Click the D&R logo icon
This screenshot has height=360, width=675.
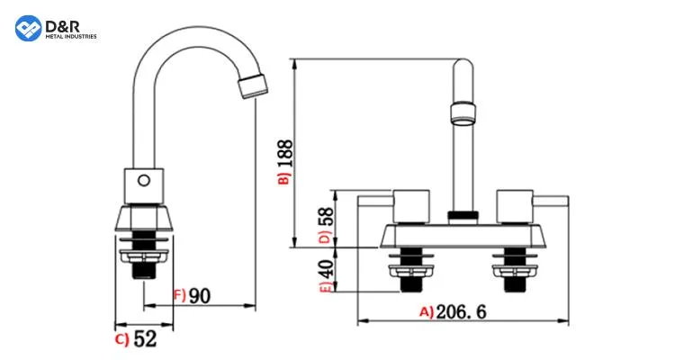pos(29,28)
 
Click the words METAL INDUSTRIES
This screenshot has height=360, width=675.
pos(70,36)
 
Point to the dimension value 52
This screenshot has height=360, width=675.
pos(144,339)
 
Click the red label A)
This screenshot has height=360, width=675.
pos(427,312)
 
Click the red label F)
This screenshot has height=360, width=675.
pos(178,295)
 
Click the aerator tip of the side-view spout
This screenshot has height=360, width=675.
pos(252,87)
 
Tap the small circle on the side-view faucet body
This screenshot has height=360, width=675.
pos(143,180)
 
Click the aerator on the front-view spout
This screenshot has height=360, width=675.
pos(463,112)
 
